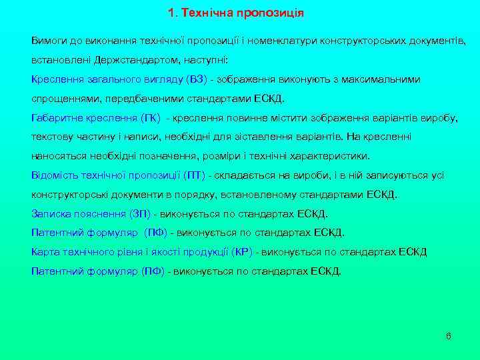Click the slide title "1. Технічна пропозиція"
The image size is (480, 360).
click(236, 13)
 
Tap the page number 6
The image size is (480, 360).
click(448, 335)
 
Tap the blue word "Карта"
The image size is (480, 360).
click(44, 252)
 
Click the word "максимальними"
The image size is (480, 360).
click(382, 79)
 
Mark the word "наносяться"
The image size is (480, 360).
click(57, 156)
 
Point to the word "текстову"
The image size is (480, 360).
click(52, 137)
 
